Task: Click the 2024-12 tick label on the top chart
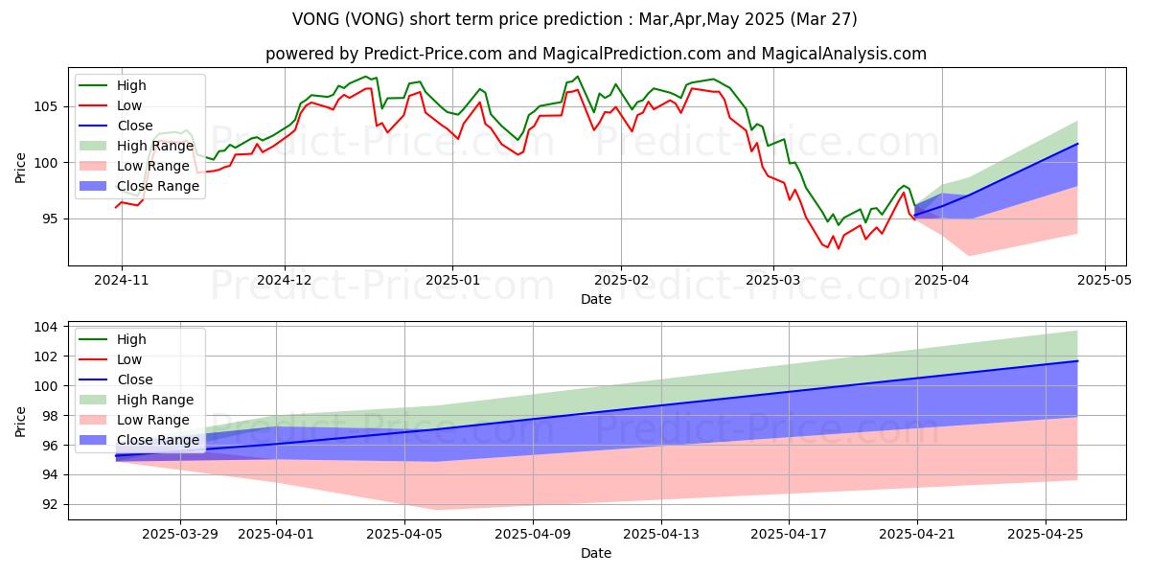click(x=285, y=280)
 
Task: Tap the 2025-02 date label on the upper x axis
click(x=621, y=280)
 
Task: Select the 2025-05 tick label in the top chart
click(x=1104, y=280)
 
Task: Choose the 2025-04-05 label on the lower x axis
click(x=404, y=535)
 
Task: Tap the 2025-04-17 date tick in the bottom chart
click(x=789, y=535)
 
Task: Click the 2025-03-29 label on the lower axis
click(x=180, y=535)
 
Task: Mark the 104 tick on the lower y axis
click(x=47, y=327)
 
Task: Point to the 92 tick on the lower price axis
click(x=52, y=505)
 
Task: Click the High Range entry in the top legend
click(x=155, y=146)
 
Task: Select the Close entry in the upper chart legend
click(x=135, y=126)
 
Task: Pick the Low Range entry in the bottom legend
click(x=153, y=420)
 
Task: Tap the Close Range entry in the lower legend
click(x=158, y=440)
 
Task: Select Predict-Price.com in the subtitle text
click(x=433, y=54)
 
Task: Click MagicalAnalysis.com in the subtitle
click(x=843, y=54)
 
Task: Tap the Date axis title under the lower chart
click(x=596, y=553)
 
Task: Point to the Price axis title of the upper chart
click(x=20, y=168)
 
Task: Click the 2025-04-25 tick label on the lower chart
click(x=1046, y=535)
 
